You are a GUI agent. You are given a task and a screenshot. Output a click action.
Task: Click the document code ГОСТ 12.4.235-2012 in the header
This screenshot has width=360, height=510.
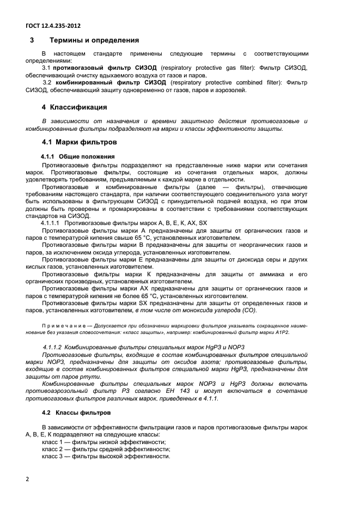[x=53, y=26]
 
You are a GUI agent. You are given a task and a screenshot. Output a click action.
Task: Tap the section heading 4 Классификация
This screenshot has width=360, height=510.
[x=74, y=107]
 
